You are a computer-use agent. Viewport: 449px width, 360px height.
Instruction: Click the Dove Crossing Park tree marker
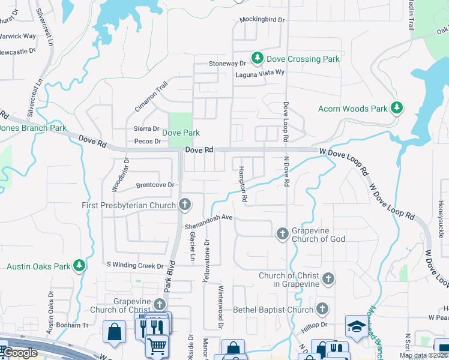(x=258, y=58)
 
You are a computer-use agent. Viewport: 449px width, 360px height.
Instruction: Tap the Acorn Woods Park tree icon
(x=396, y=108)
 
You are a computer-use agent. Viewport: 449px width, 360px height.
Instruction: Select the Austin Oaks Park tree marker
(x=79, y=265)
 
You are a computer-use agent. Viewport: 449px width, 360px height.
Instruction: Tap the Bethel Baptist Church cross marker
(x=322, y=309)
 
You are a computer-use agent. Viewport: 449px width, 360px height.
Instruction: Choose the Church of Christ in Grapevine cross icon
(x=328, y=278)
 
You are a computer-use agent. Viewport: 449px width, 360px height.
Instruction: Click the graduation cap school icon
(x=356, y=326)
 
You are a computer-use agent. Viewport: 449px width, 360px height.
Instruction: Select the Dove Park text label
(x=181, y=133)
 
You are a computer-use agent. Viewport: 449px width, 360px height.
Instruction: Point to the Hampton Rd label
(x=243, y=184)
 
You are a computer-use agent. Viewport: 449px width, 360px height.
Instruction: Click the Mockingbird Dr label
(x=262, y=20)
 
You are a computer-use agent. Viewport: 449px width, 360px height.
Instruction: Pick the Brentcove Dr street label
(x=154, y=185)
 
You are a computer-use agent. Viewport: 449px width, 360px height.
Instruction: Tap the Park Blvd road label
(x=171, y=277)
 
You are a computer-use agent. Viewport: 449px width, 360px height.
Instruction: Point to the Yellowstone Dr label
(x=207, y=257)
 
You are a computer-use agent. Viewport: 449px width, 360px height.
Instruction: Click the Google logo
(x=19, y=353)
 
